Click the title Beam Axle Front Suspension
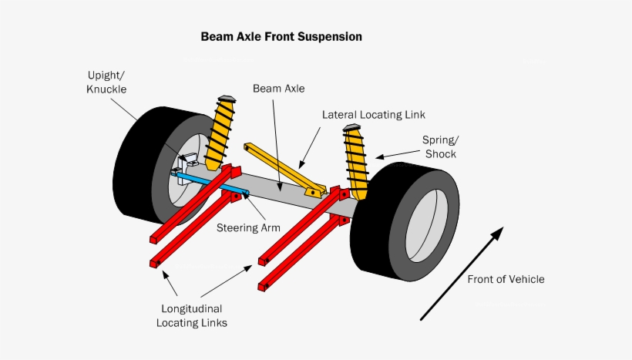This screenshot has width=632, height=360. click(281, 36)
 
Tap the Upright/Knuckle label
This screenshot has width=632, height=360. click(106, 82)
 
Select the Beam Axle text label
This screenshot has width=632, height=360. click(278, 89)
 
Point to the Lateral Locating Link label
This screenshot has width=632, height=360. click(373, 115)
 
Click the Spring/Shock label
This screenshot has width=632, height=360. click(439, 146)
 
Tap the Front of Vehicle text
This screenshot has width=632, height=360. click(506, 279)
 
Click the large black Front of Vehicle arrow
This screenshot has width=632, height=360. click(461, 273)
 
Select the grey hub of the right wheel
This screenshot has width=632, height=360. click(424, 224)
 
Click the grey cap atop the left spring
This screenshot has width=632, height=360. click(227, 99)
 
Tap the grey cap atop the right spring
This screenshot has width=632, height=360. click(351, 127)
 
